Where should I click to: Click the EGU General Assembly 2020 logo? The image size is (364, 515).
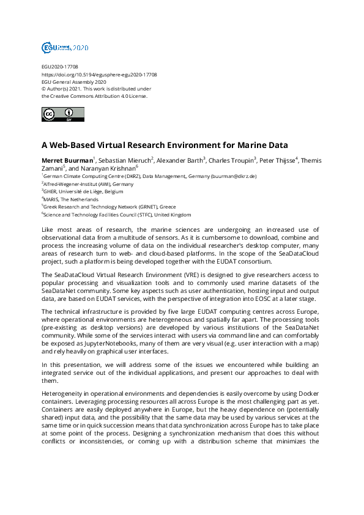pyautogui.click(x=65, y=47)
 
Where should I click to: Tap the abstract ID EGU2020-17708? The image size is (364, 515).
pyautogui.click(x=59, y=67)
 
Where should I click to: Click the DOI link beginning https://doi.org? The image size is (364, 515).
pyautogui.click(x=98, y=74)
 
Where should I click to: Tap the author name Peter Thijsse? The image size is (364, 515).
pyautogui.click(x=278, y=161)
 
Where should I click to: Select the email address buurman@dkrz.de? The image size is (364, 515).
pyautogui.click(x=233, y=176)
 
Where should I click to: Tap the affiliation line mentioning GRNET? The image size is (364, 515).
pyautogui.click(x=100, y=207)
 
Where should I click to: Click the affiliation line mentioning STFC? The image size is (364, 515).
pyautogui.click(x=116, y=215)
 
